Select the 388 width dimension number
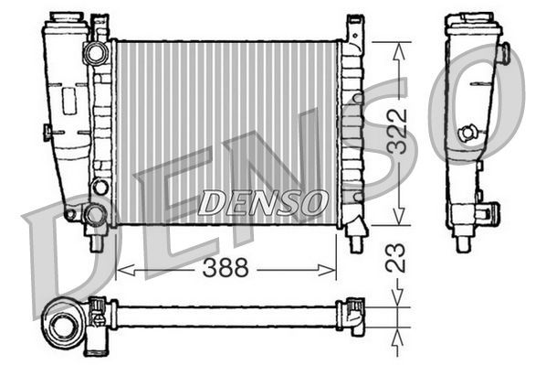[x=227, y=270]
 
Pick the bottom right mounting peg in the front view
[x=355, y=241]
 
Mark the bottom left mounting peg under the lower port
[x=94, y=242]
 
